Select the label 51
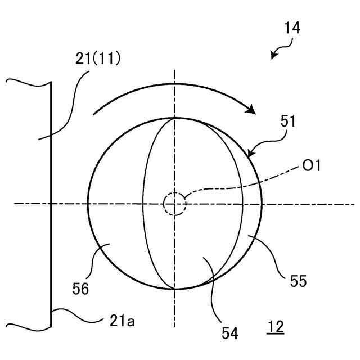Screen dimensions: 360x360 (x=287, y=121)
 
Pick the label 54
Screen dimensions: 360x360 (x=230, y=333)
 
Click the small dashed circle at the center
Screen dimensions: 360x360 (x=174, y=204)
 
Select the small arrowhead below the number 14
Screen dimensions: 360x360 (x=273, y=55)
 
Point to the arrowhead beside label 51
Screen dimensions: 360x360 (x=251, y=152)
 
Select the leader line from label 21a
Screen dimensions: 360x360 (x=79, y=315)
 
